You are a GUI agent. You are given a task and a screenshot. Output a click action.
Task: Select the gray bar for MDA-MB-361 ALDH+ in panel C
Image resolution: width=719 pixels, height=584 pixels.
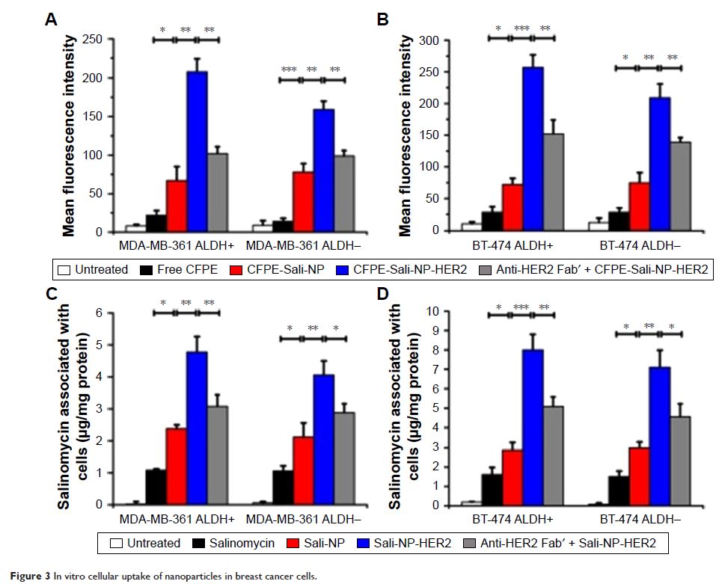point(218,455)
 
